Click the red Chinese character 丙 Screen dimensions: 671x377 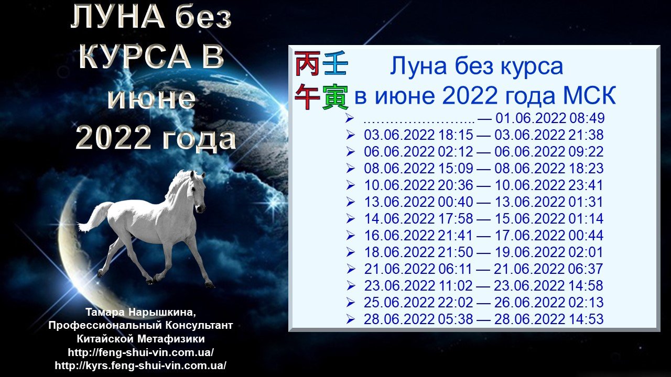[308, 63]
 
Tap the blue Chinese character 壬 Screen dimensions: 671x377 [335, 63]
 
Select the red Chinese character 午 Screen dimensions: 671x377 [308, 96]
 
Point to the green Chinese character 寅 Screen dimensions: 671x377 [335, 97]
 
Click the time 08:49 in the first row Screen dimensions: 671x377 [587, 118]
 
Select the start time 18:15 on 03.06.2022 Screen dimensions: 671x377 [456, 135]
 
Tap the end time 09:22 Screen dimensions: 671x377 [586, 152]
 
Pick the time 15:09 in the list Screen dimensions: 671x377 [456, 169]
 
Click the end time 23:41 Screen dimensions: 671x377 [586, 185]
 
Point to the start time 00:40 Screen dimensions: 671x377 [456, 202]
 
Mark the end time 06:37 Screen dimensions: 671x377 [586, 269]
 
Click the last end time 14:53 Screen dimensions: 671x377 [586, 319]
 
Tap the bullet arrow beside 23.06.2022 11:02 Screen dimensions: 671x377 [350, 286]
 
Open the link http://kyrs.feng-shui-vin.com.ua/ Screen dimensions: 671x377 [140, 365]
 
